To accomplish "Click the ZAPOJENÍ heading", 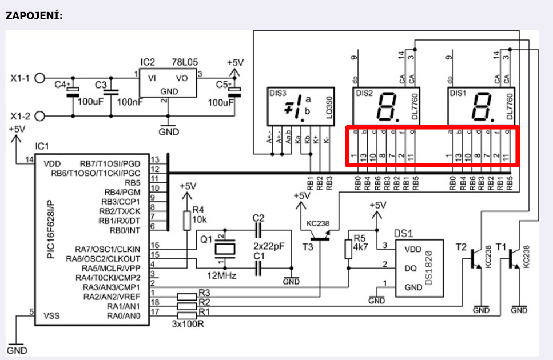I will (x=34, y=15).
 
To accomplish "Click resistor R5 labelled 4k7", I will (x=348, y=249).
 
